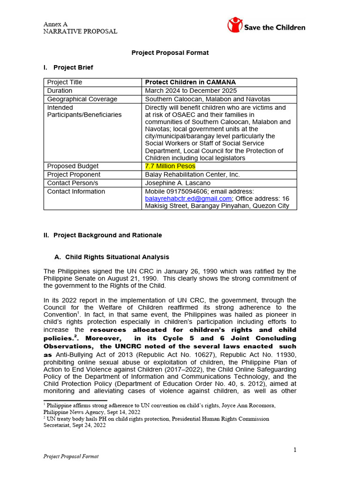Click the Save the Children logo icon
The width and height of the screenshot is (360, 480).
235,25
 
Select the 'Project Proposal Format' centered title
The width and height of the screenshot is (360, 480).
170,52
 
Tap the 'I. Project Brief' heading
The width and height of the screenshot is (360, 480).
68,67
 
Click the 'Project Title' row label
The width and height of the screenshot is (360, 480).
65,82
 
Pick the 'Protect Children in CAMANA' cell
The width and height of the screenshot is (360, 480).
184,82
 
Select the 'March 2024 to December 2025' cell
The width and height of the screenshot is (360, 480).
191,90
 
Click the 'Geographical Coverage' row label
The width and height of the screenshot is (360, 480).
82,99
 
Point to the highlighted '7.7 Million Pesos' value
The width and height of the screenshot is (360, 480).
170,166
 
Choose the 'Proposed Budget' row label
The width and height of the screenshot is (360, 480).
73,166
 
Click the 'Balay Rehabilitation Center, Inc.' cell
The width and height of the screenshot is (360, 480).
192,175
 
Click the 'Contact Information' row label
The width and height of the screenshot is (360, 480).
76,192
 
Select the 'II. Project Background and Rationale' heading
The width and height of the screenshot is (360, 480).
103,235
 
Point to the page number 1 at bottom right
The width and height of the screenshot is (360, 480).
295,450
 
